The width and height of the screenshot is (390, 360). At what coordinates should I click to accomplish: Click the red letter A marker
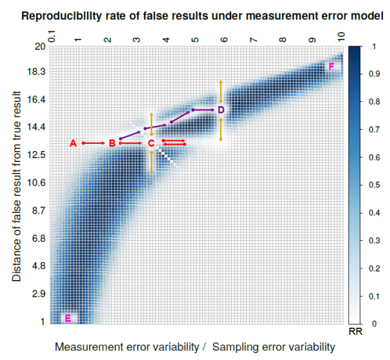coord(73,143)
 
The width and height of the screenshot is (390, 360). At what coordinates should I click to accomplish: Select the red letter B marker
coord(112,143)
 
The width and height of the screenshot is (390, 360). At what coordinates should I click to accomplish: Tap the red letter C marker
coord(150,143)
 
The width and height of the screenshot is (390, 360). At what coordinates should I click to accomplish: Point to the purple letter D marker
coord(221,110)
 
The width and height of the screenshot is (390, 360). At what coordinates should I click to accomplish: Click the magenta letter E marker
coord(68,317)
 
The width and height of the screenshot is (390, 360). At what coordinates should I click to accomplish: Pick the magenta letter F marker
coord(331,67)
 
